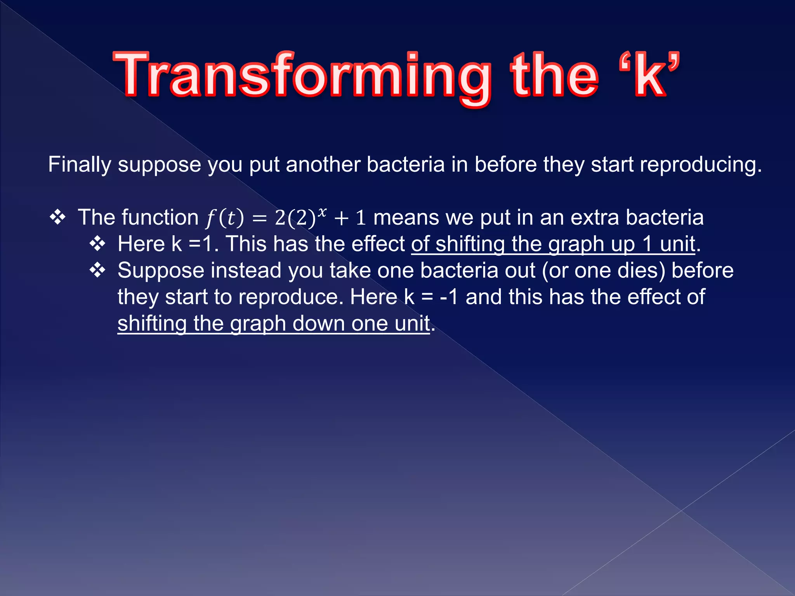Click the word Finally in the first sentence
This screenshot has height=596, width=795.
click(x=79, y=165)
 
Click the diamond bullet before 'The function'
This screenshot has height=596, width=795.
click(x=57, y=217)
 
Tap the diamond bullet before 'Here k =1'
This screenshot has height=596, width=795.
click(x=97, y=244)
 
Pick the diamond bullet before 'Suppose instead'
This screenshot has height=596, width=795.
click(x=97, y=270)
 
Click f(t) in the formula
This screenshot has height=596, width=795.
click(x=225, y=218)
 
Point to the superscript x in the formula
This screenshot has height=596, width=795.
click(x=322, y=211)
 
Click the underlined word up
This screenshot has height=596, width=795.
click(x=623, y=244)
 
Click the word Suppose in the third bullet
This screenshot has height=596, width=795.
click(x=161, y=270)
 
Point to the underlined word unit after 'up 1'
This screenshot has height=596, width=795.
click(x=677, y=244)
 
